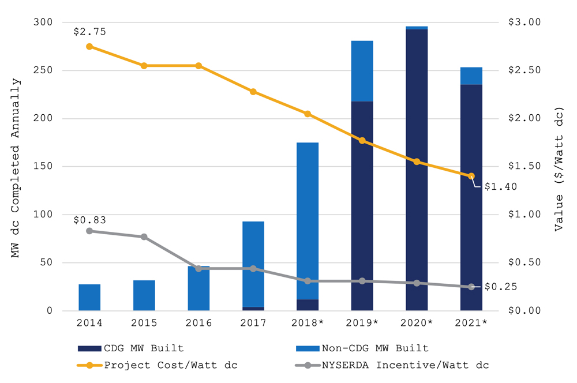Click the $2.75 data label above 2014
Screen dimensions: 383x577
click(89, 32)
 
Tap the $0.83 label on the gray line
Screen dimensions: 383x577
click(89, 220)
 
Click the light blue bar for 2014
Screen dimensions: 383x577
click(89, 298)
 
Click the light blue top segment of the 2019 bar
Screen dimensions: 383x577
click(362, 71)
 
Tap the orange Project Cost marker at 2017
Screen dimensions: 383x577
click(253, 92)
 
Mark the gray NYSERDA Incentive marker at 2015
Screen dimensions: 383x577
click(144, 236)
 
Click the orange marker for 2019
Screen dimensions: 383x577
click(362, 141)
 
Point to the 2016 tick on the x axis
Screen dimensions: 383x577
click(198, 323)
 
